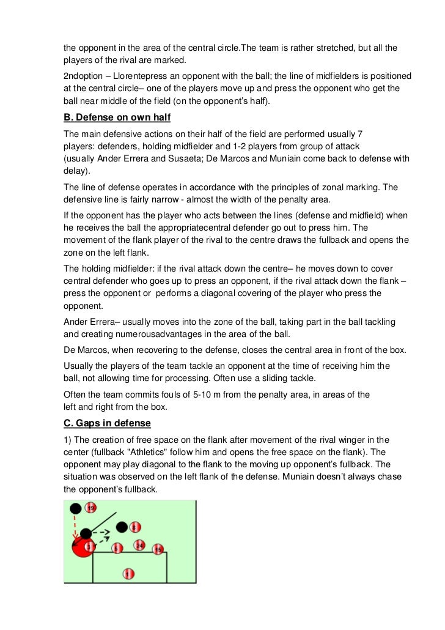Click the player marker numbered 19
pyautogui.click(x=91, y=508)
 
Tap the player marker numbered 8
pyautogui.click(x=135, y=527)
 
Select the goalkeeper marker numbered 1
pyautogui.click(x=128, y=574)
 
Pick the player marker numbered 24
pyautogui.click(x=140, y=545)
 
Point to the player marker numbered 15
pyautogui.click(x=158, y=550)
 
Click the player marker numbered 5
pyautogui.click(x=117, y=548)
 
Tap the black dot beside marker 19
pyautogui.click(x=75, y=508)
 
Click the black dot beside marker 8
pyautogui.click(x=122, y=527)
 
